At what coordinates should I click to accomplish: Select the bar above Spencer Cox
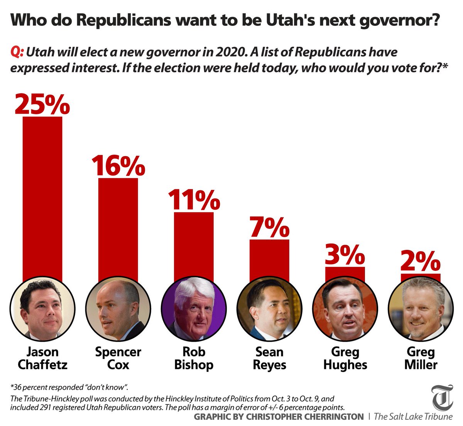[x=118, y=228]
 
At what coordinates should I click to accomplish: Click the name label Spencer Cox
[x=118, y=358]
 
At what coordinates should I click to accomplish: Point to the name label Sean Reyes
[x=269, y=358]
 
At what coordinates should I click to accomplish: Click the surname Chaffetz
[x=42, y=365]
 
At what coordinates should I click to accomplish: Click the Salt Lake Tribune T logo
[x=442, y=398]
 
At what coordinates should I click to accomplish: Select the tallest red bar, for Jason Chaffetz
[x=42, y=197]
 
